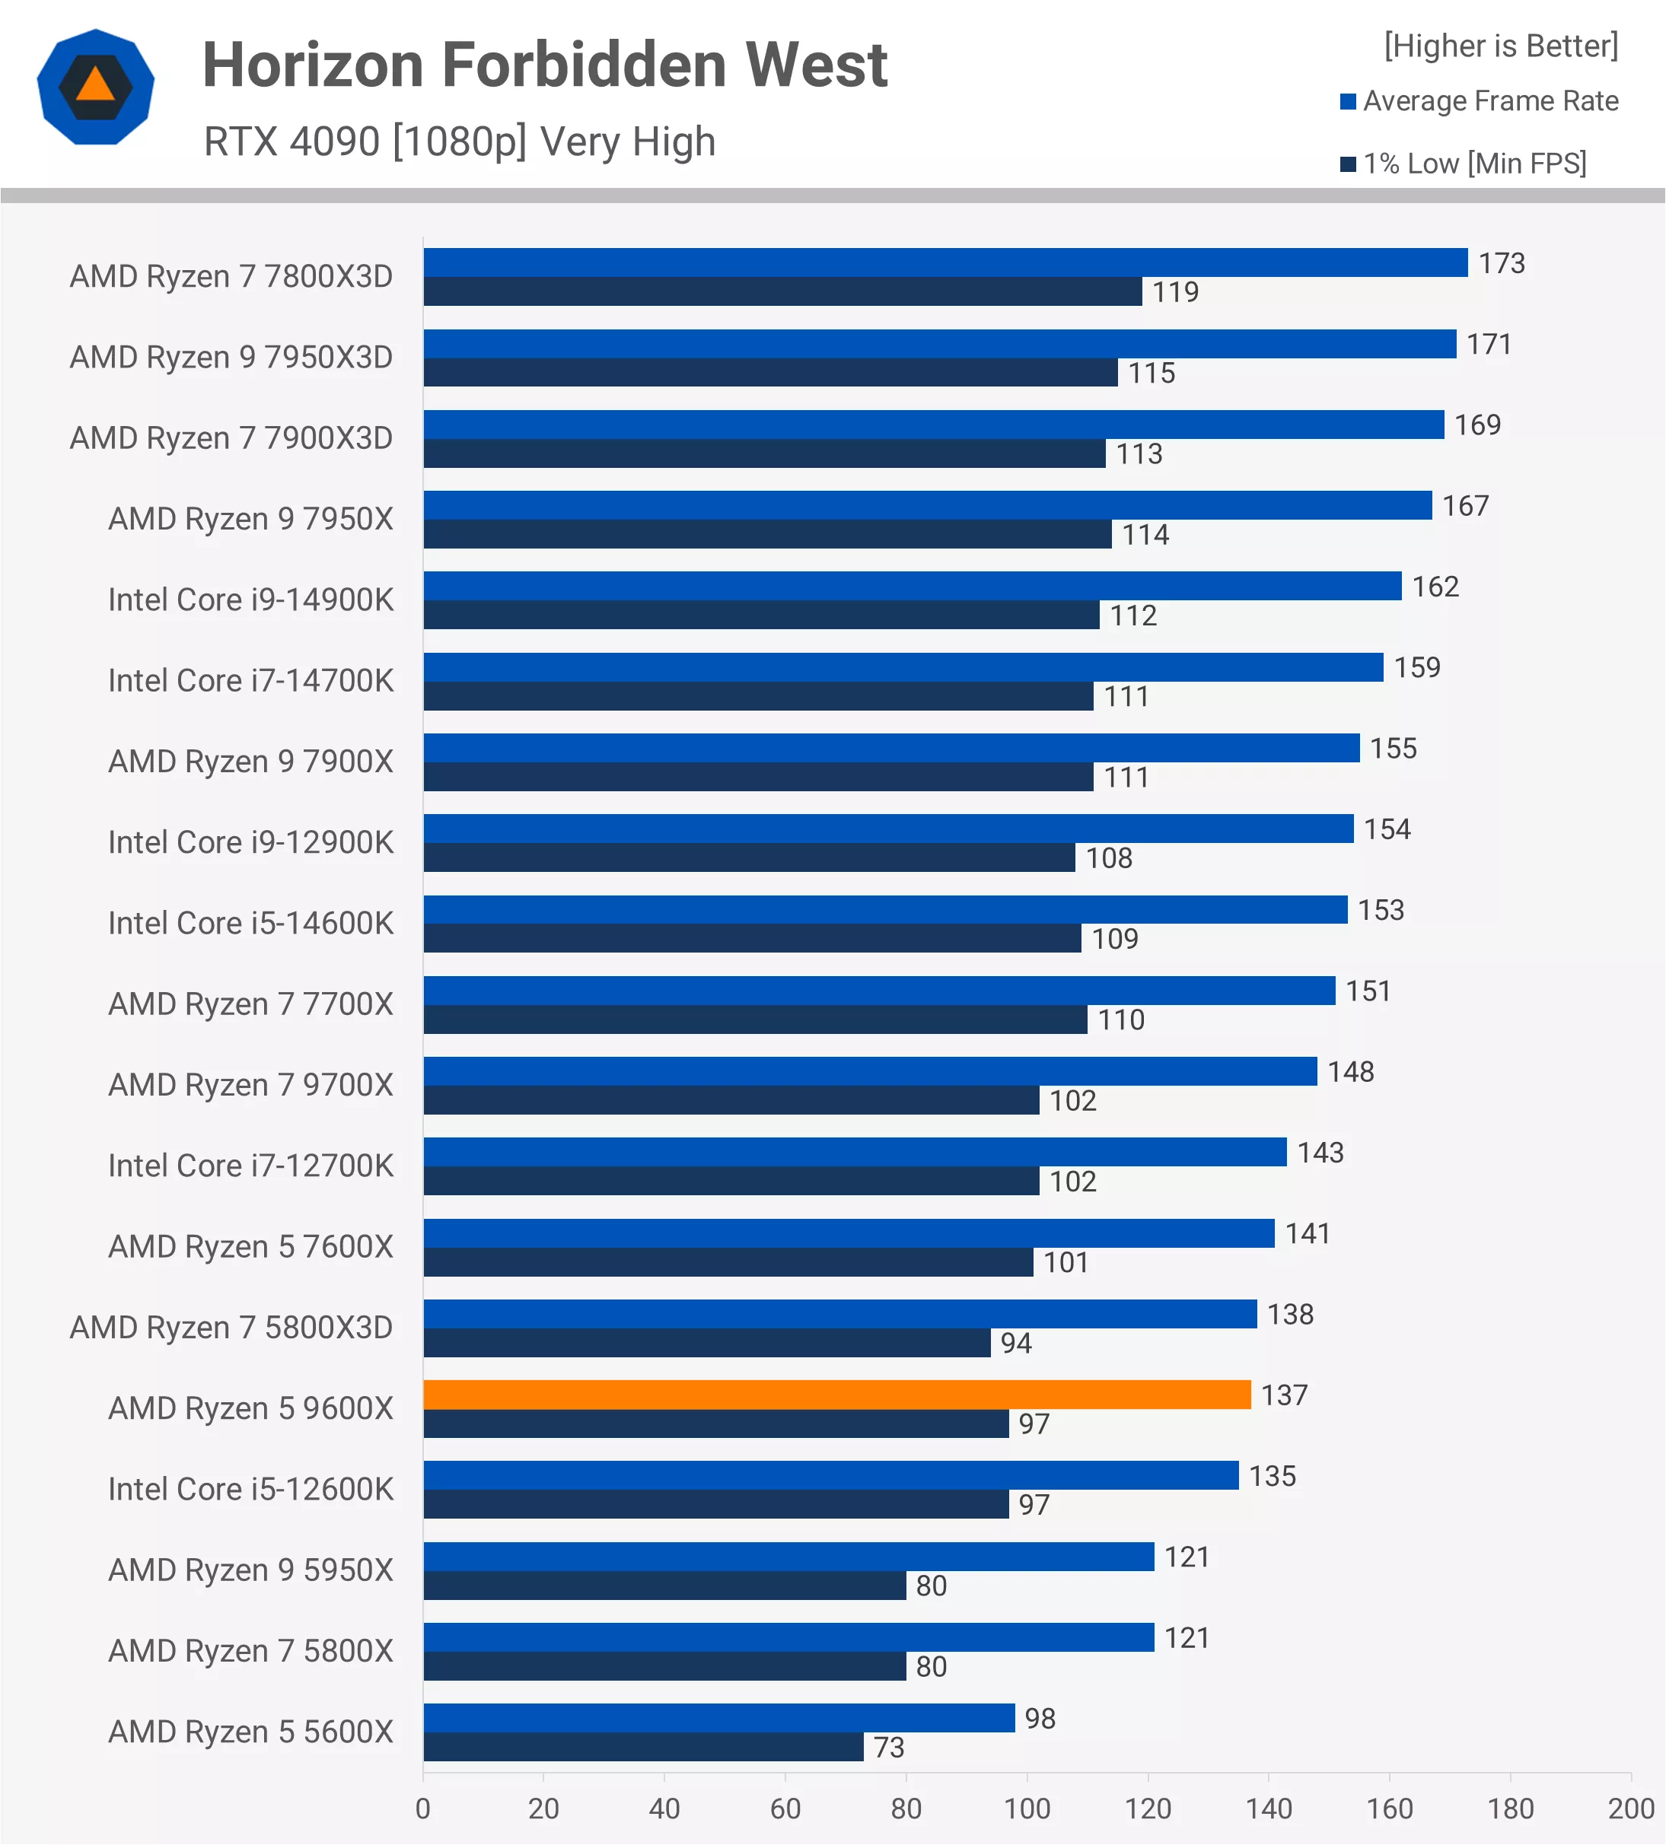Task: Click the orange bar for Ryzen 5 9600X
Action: (x=836, y=1395)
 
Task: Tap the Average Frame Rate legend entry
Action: (x=1489, y=100)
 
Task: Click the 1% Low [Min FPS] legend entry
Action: (x=1473, y=164)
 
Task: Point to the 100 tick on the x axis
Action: (x=1026, y=1808)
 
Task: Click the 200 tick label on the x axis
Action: (x=1630, y=1808)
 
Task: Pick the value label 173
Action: (x=1502, y=263)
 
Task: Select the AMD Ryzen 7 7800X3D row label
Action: (x=231, y=276)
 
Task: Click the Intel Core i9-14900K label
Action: (x=250, y=600)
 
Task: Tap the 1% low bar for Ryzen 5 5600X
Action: (x=642, y=1747)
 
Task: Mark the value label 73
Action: (x=888, y=1748)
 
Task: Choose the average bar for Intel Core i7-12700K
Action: (x=855, y=1152)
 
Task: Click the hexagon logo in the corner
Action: (x=95, y=87)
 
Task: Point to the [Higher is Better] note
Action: (x=1500, y=46)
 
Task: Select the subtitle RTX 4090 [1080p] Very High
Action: (x=460, y=142)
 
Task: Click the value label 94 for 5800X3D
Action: (x=1015, y=1344)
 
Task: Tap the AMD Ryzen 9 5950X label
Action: (x=250, y=1570)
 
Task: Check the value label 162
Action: (x=1435, y=587)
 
